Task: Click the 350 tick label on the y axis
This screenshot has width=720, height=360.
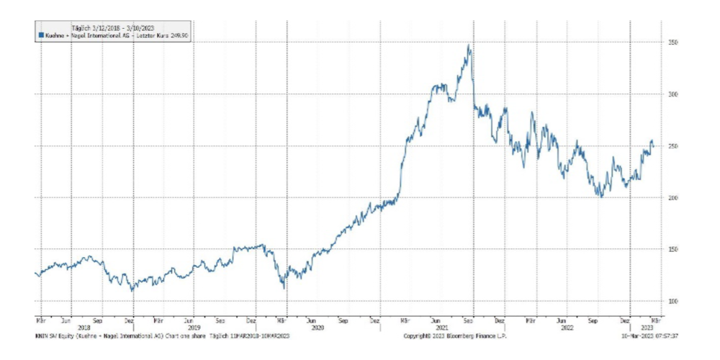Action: click(x=673, y=42)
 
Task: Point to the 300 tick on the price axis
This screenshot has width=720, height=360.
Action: click(x=673, y=94)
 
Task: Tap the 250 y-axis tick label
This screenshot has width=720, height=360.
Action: click(x=673, y=146)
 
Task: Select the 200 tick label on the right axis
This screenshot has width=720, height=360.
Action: click(x=673, y=197)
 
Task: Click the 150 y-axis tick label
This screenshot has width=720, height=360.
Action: click(x=673, y=249)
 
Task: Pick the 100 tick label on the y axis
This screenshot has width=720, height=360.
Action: click(x=673, y=301)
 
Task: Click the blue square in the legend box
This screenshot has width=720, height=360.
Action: click(x=39, y=35)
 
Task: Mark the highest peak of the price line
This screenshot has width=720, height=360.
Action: click(x=469, y=45)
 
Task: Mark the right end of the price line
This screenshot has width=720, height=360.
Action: click(x=653, y=146)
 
